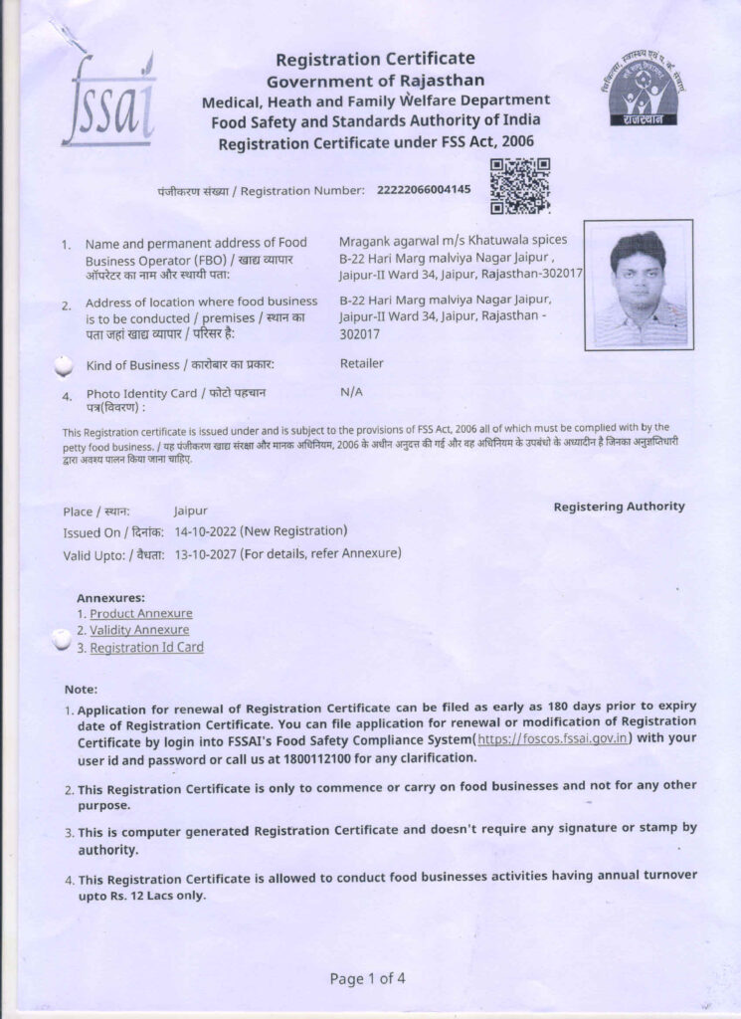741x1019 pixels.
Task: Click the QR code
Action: (521, 186)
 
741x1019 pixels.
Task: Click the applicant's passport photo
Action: (639, 286)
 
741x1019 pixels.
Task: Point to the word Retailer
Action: (361, 363)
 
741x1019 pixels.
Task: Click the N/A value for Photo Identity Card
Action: (351, 392)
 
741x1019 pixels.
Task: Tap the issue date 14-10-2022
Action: (207, 531)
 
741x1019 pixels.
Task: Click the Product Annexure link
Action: (141, 614)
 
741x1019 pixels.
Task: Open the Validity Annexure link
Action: (139, 630)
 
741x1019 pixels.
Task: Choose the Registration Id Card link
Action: (147, 648)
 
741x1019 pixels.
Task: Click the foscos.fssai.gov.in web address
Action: (554, 739)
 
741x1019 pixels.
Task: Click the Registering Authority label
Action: (619, 507)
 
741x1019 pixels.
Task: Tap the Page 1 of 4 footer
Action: (367, 978)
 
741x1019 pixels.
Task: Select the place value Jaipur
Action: (190, 510)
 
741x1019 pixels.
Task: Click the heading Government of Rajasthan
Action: (375, 81)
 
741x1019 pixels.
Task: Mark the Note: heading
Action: (81, 689)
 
